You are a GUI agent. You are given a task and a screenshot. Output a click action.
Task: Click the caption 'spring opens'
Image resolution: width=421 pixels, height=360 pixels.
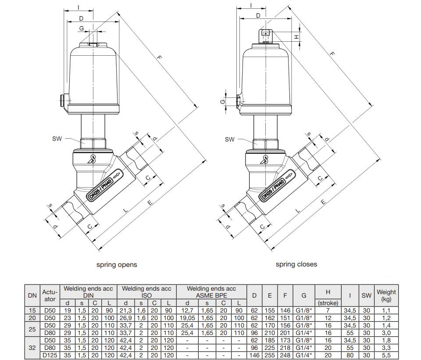[x=117, y=265]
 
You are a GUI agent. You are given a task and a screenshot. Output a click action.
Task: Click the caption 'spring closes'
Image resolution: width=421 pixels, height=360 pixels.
[x=296, y=264]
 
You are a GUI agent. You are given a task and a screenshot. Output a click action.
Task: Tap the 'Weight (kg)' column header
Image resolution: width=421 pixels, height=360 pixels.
[x=386, y=295]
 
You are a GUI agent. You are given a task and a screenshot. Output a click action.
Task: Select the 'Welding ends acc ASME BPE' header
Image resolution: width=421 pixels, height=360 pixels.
[x=211, y=292]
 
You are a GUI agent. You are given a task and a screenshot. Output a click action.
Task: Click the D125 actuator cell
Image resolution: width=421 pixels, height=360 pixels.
[x=50, y=355]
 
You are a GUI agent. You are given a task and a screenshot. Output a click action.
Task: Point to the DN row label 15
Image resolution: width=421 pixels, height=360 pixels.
[x=32, y=310]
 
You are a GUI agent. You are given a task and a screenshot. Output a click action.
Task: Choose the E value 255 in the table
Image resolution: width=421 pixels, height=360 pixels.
[x=270, y=355]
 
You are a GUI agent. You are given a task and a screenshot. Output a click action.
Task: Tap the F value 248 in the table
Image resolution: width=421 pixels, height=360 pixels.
[x=285, y=355]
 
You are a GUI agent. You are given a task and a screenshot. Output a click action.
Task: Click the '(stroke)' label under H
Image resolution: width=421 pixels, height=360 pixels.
[x=328, y=303]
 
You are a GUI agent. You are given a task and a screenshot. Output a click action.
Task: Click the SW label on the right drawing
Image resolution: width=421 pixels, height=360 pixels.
[x=229, y=140]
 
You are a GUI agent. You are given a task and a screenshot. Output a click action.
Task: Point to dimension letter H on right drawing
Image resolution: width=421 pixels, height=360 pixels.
[x=296, y=37]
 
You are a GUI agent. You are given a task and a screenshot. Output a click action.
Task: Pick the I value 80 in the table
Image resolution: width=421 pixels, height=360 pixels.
[x=350, y=355]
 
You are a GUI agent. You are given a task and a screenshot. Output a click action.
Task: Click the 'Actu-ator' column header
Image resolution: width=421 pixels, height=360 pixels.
[x=50, y=295]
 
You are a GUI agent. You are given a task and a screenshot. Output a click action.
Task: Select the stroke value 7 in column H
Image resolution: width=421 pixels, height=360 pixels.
[x=328, y=310]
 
